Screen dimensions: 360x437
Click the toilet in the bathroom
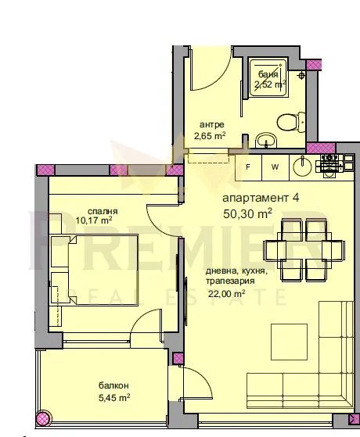[x=291, y=122]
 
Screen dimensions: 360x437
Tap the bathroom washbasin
[x=266, y=140]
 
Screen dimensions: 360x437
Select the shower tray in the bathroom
[x=268, y=77]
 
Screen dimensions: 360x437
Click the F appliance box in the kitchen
[x=248, y=167]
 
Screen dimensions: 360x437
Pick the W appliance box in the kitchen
[x=275, y=167]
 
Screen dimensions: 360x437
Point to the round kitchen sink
[x=302, y=167]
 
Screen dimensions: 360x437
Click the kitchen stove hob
[x=329, y=166]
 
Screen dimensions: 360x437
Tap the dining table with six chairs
[x=304, y=250]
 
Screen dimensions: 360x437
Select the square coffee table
[x=289, y=342]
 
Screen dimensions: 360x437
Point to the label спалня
[x=103, y=211]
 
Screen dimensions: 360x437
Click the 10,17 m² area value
[x=94, y=220]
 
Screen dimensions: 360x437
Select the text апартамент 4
[x=261, y=198]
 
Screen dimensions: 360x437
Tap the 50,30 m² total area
[x=247, y=213]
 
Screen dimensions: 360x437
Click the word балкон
[x=113, y=385]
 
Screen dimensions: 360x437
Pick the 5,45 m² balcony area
[x=114, y=397]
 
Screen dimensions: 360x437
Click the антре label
[x=212, y=124]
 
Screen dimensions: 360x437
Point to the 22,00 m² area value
[x=227, y=294]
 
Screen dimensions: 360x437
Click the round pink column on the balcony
[x=44, y=418]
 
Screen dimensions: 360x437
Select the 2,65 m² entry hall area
[x=210, y=136]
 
